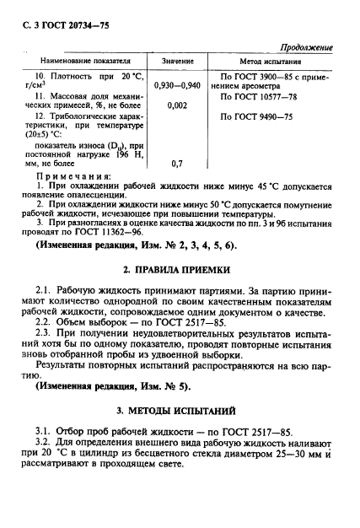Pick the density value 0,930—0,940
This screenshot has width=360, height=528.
(178, 85)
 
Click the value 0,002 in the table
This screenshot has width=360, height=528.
(177, 107)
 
